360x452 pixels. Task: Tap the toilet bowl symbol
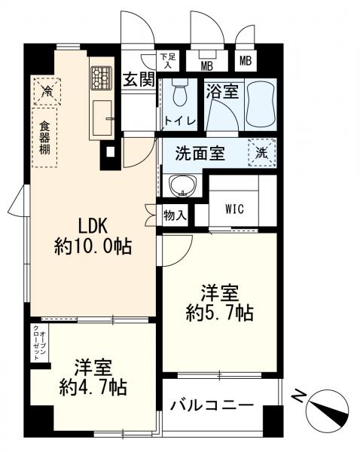pyautogui.click(x=179, y=93)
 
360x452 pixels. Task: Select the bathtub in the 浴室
pyautogui.click(x=261, y=104)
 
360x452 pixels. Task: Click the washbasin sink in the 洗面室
pyautogui.click(x=183, y=185)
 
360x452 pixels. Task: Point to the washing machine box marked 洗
pyautogui.click(x=262, y=153)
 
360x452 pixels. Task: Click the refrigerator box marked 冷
pyautogui.click(x=47, y=91)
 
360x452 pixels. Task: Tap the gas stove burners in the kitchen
pyautogui.click(x=102, y=78)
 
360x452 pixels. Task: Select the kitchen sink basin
pyautogui.click(x=102, y=118)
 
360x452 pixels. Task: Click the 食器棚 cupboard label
pyautogui.click(x=44, y=138)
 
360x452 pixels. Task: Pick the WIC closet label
pyautogui.click(x=235, y=209)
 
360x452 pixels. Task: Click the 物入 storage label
pyautogui.click(x=175, y=215)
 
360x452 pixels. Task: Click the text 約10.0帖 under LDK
pyautogui.click(x=93, y=246)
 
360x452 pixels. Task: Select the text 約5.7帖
pyautogui.click(x=220, y=313)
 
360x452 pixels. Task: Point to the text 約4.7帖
pyautogui.click(x=93, y=387)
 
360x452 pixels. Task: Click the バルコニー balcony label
pyautogui.click(x=212, y=406)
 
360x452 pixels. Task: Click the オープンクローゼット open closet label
pyautogui.click(x=39, y=343)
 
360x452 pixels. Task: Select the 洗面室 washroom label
pyautogui.click(x=200, y=153)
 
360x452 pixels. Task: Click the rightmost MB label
pyautogui.click(x=246, y=61)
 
